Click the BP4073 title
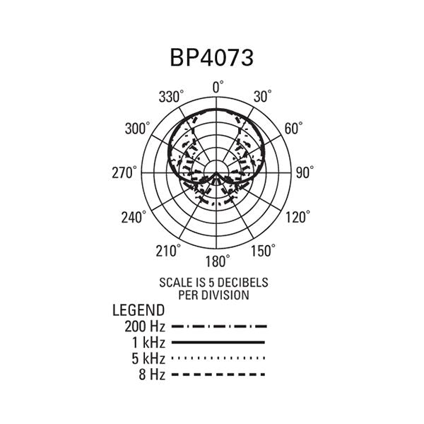pyautogui.click(x=212, y=58)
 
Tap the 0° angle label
pyautogui.click(x=218, y=87)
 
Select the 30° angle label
pyautogui.click(x=263, y=96)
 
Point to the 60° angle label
pyautogui.click(x=294, y=128)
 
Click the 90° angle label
pyautogui.click(x=305, y=172)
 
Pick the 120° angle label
pyautogui.click(x=298, y=217)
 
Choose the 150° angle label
pyautogui.click(x=264, y=250)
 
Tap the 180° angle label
pyautogui.click(x=218, y=261)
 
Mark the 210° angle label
pyautogui.click(x=168, y=251)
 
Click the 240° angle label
pyautogui.click(x=134, y=217)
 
